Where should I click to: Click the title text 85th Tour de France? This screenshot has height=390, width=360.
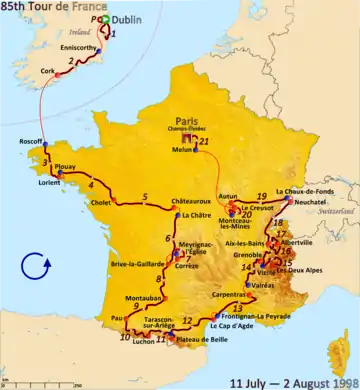pos(47,6)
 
